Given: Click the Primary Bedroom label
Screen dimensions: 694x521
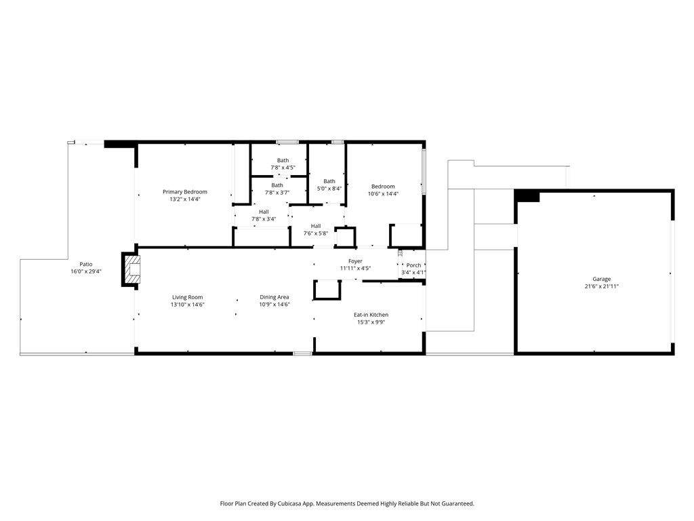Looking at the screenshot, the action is click(185, 192).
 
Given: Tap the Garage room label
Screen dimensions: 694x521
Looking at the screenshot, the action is click(602, 279).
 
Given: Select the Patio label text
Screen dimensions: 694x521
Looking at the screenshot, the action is click(86, 264).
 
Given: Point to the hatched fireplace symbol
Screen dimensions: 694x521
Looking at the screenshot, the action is click(131, 269).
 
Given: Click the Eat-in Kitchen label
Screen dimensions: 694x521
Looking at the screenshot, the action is click(371, 315).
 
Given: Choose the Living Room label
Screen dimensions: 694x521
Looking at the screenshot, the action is click(188, 297).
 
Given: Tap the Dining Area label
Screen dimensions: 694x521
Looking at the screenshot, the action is click(274, 297).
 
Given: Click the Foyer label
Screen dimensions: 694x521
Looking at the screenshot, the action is click(355, 261).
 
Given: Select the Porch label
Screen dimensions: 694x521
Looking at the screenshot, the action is click(414, 265).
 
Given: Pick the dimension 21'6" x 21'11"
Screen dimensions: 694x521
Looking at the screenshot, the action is click(602, 286).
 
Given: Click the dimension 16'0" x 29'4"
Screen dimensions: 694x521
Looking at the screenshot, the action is click(86, 271).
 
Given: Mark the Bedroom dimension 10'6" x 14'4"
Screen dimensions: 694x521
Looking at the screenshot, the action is click(384, 193).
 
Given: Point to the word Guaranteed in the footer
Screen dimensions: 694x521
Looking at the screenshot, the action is click(460, 504).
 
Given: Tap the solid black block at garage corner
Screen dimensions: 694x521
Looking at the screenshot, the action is click(527, 195).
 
